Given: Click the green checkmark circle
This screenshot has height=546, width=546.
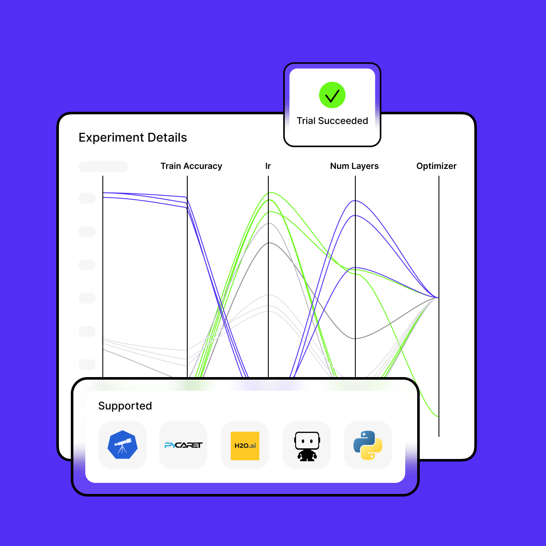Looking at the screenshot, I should coord(332,95).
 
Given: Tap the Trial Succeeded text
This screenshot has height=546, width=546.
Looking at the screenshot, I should coord(332,121).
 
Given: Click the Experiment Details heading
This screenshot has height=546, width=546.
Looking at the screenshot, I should coord(133,137).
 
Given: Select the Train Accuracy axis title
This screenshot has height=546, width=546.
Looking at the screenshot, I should coord(191,166).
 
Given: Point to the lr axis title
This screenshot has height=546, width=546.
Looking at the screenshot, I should coord(268,166).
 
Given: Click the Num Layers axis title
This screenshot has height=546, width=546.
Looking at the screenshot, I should coord(354,166).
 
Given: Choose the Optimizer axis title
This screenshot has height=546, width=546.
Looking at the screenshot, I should coord(436,166).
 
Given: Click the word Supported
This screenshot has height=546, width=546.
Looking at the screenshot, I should coord(125,406).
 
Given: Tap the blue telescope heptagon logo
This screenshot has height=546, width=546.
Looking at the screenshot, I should coord(122,445).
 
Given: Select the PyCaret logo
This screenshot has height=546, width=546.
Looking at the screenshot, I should coord(183,445).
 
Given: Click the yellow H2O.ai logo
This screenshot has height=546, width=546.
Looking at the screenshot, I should coord(245,446).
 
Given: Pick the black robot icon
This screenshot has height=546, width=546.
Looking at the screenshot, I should coord(307,446).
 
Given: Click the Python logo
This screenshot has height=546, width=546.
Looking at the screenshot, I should coord(368,445).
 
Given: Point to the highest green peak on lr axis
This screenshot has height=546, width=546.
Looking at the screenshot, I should coord(269,192).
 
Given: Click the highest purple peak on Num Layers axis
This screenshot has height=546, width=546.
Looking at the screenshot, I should coord(355,200).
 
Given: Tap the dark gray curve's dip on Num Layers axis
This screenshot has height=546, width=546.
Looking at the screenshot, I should coord(355,339).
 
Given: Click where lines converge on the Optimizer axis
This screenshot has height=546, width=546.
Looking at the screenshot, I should coord(438,297).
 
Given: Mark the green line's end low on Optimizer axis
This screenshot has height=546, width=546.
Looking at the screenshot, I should coord(438,416).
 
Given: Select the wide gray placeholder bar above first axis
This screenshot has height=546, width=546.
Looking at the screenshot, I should coord(103,166).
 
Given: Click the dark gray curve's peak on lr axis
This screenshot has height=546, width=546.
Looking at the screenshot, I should coord(269,243).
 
